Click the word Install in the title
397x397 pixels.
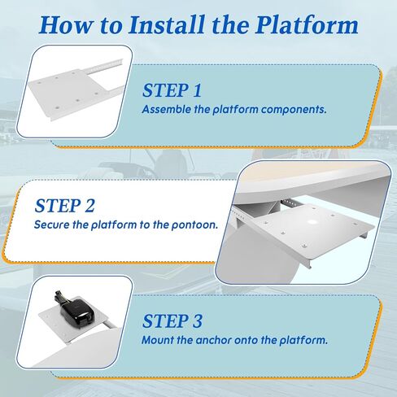(x=166, y=25)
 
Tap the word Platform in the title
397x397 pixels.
(x=307, y=25)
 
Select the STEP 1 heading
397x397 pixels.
(x=172, y=90)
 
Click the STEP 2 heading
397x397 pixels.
(x=64, y=206)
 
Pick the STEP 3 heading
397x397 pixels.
(x=172, y=321)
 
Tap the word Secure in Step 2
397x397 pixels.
(x=51, y=225)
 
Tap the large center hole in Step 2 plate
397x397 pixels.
(x=312, y=221)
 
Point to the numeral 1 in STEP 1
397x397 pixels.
(x=197, y=90)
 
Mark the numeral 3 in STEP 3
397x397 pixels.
(x=197, y=321)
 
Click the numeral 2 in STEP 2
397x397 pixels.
(x=89, y=206)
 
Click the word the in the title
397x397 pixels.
(x=230, y=25)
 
